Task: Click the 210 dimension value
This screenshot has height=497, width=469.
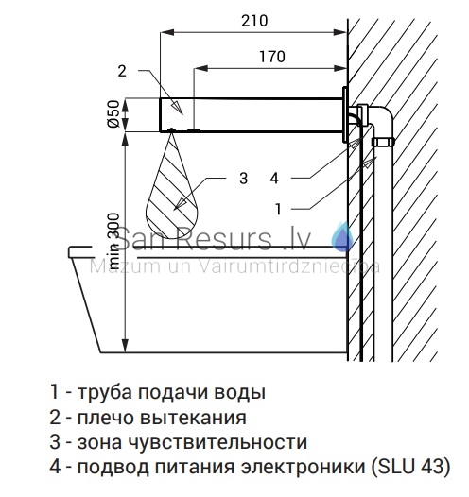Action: [254, 21]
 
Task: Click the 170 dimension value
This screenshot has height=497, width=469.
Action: [272, 57]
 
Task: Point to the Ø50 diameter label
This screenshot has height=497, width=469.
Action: [113, 113]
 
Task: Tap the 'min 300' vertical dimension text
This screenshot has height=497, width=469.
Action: [113, 242]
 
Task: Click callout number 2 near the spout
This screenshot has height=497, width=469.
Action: [122, 71]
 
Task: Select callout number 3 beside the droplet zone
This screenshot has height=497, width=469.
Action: [243, 179]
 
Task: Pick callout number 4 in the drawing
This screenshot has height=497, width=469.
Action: [274, 179]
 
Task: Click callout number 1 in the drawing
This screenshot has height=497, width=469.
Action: [278, 209]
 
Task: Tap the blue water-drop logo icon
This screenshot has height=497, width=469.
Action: [342, 237]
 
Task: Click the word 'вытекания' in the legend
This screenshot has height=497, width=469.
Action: [193, 417]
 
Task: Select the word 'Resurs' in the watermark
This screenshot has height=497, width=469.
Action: [225, 239]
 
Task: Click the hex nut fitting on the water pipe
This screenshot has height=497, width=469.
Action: [383, 142]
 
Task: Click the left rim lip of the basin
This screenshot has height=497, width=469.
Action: [80, 251]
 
